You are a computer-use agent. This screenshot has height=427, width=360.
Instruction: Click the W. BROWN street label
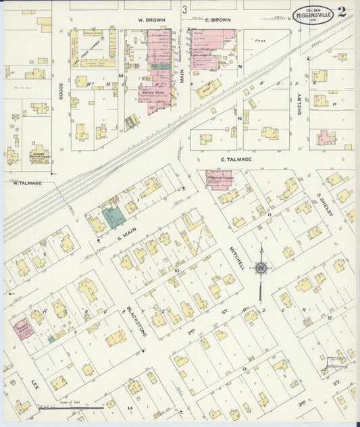[148, 20]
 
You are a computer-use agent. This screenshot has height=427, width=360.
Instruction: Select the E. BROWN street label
[217, 20]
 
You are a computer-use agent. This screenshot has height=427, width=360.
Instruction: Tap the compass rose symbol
[261, 268]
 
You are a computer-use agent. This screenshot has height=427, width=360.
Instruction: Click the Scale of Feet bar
[70, 407]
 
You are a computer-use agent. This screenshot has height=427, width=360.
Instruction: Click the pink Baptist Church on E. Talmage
[219, 180]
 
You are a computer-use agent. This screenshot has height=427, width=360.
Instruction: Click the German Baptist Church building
[38, 153]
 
